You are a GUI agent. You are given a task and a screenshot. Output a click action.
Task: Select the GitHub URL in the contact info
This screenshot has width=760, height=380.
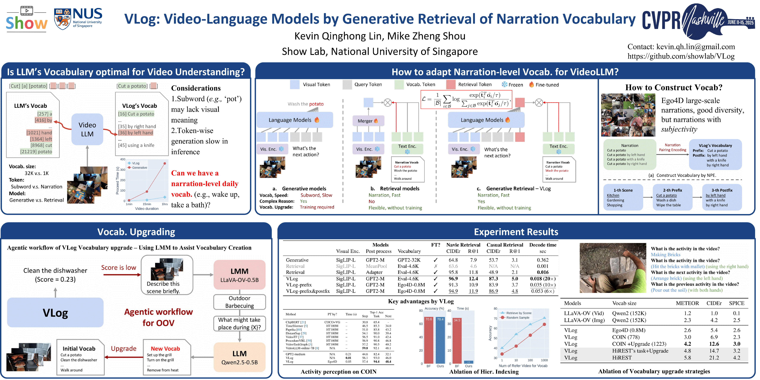[681, 56]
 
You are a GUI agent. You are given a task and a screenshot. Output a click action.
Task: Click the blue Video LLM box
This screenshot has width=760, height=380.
[87, 129]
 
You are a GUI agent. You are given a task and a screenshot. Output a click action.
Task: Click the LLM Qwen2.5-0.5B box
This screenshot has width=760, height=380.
[239, 357]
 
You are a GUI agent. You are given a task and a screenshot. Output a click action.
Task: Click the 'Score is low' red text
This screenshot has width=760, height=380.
[119, 268]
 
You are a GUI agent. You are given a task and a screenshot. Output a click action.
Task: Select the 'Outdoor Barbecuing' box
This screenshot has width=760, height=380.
[239, 302]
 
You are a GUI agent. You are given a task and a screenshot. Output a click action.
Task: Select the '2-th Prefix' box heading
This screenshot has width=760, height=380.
[672, 190]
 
